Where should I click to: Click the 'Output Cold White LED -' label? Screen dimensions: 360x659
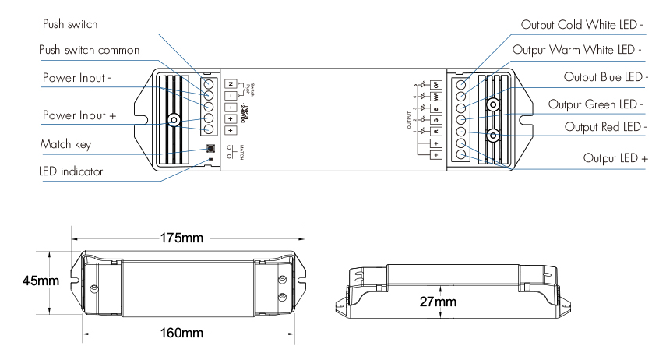click(x=582, y=23)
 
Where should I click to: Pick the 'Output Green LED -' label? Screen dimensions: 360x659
click(x=596, y=104)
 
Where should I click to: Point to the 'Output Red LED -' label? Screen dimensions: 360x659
click(x=600, y=126)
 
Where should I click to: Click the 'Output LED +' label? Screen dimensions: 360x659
click(x=615, y=158)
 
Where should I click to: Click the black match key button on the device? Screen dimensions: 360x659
click(x=211, y=148)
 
